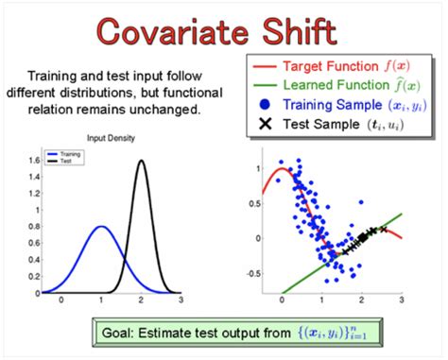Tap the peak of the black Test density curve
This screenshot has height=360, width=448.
pyautogui.click(x=142, y=161)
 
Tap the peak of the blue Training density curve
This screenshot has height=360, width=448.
pyautogui.click(x=101, y=227)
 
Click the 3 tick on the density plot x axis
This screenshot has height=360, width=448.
pyautogui.click(x=181, y=299)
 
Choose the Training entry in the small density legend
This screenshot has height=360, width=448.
pyautogui.click(x=70, y=152)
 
